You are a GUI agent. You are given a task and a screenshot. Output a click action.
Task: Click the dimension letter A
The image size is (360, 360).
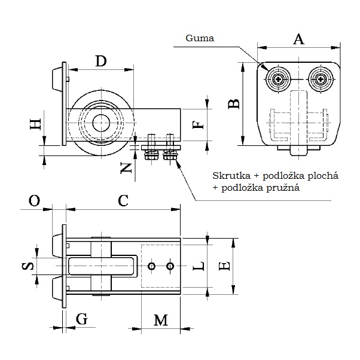click(300, 39)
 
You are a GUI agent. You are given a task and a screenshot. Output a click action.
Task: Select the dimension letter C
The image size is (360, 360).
click(123, 201)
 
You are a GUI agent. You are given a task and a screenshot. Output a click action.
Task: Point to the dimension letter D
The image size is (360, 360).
click(100, 61)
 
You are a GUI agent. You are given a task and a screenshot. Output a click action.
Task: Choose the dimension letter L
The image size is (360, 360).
click(201, 266)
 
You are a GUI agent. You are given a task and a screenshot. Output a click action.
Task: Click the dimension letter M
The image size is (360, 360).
click(160, 321)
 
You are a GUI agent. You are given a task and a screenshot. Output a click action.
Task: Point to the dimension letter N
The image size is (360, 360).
click(126, 168)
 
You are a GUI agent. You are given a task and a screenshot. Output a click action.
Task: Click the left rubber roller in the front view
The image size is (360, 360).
click(279, 79)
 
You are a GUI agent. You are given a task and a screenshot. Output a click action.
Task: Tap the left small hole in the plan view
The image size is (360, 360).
click(153, 266)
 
